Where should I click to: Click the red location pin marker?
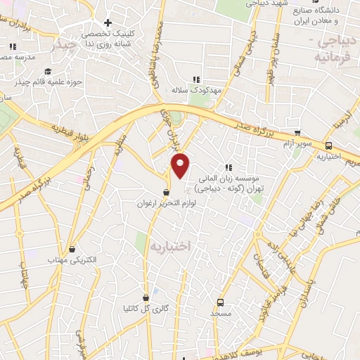[x=181, y=166]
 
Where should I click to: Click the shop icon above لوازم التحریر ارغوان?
[x=166, y=192]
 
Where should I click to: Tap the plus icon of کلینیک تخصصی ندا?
[x=107, y=22]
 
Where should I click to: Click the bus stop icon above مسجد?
[x=221, y=301]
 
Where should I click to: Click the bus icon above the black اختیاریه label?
[x=328, y=146]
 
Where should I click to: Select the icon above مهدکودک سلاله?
[x=197, y=79]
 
